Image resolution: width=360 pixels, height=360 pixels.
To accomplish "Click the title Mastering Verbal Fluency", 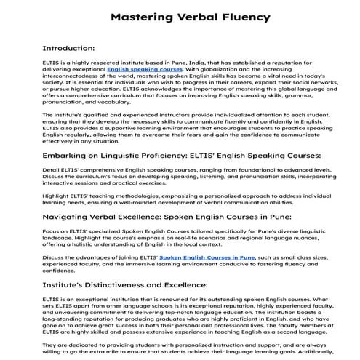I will [x=180, y=15].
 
